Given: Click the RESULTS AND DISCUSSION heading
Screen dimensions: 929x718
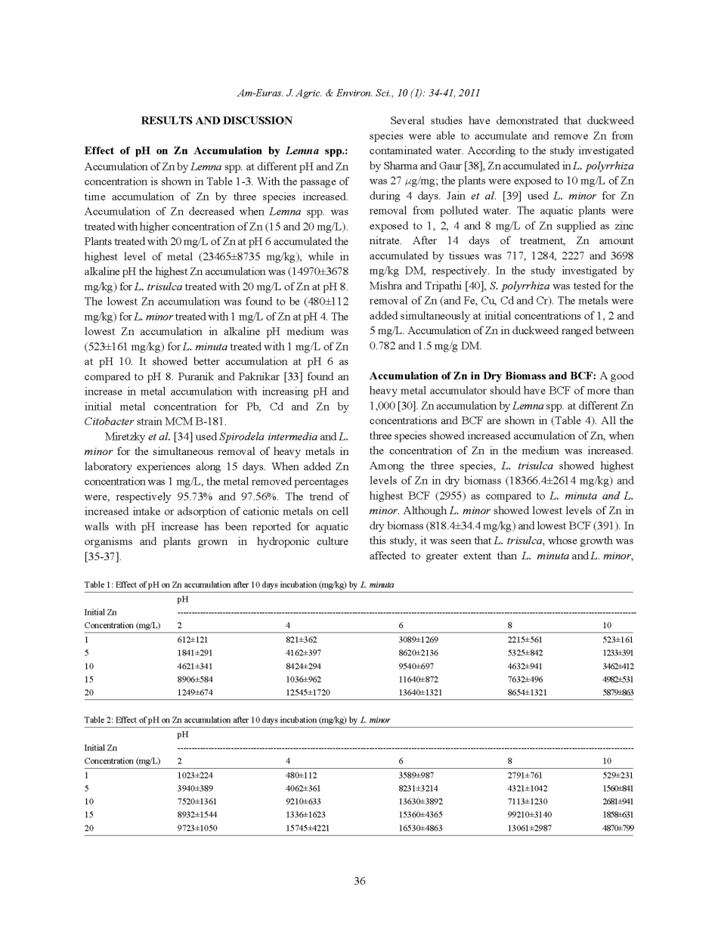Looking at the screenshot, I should [x=216, y=121].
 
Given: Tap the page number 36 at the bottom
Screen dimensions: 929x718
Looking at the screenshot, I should [x=360, y=881].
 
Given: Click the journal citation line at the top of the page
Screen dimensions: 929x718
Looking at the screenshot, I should [x=359, y=93].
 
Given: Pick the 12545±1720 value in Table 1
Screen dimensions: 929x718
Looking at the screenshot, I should [x=308, y=693].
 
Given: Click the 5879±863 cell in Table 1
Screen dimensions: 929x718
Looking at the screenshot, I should [x=617, y=693].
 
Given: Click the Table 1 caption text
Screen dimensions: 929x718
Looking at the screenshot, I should [x=239, y=585].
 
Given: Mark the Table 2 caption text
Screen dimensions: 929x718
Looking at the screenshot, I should [x=237, y=720].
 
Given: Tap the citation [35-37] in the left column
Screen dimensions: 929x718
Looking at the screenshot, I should [x=102, y=557].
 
